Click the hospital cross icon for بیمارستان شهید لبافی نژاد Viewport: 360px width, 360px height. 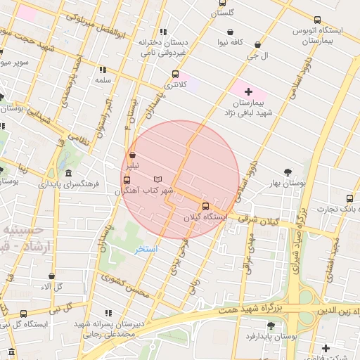coord(248,92)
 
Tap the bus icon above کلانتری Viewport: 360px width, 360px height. coord(175,74)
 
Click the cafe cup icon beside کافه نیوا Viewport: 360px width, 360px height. coord(231,31)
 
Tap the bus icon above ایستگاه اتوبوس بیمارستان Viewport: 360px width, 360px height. coord(317,20)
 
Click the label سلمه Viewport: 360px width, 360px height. coord(103,80)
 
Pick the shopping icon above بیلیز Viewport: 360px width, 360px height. coord(132,155)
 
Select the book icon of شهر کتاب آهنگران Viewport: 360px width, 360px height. coord(157,179)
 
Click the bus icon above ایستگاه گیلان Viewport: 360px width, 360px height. coord(205,206)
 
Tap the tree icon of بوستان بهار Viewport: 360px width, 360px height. coord(288,172)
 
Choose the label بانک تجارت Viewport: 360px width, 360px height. coord(337,208)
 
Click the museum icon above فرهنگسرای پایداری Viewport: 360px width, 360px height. coord(68,174)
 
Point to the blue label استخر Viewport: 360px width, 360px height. coord(146,249)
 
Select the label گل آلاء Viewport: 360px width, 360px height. coord(52,286)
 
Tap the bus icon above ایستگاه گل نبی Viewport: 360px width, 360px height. coord(24,314)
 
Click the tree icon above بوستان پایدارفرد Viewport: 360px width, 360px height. coord(271,326)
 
